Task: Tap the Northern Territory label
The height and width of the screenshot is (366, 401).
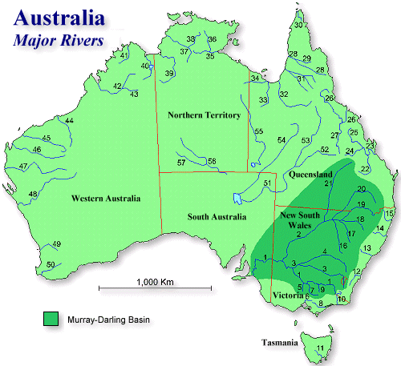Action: (x=204, y=115)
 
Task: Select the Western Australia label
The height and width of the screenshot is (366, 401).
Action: (x=105, y=198)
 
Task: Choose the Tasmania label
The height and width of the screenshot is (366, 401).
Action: (x=279, y=344)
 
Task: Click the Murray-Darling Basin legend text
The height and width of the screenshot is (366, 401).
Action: (x=111, y=319)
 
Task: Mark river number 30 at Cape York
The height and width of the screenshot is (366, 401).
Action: (x=298, y=26)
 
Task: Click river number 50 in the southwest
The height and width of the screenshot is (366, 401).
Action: (x=51, y=264)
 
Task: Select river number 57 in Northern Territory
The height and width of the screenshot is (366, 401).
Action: (x=181, y=163)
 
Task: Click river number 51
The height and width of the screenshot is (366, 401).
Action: (x=267, y=184)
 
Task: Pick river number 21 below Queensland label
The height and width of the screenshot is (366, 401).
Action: (x=327, y=184)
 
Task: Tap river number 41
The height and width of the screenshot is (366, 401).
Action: (x=124, y=56)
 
